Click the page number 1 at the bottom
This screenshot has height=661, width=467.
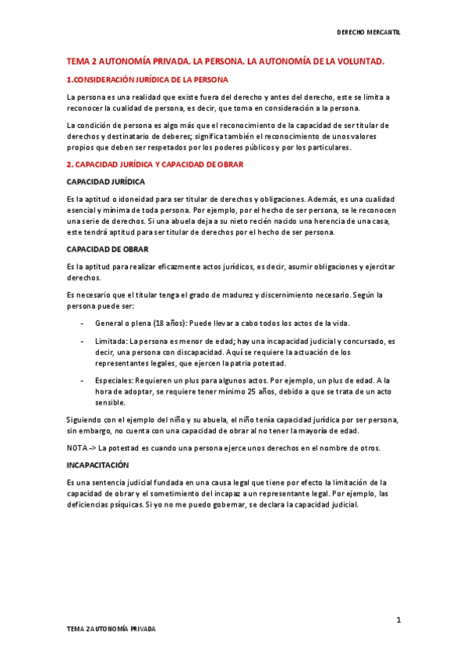pyautogui.click(x=398, y=620)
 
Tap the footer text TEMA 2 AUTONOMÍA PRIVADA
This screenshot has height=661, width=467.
pyautogui.click(x=110, y=628)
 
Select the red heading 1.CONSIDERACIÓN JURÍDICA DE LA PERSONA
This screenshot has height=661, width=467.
pyautogui.click(x=147, y=80)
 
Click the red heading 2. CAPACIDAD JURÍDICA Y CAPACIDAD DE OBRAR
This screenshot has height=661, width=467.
pyautogui.click(x=155, y=164)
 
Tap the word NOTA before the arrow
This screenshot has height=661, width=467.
pyautogui.click(x=76, y=448)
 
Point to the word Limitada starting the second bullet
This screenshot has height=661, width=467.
pyautogui.click(x=111, y=341)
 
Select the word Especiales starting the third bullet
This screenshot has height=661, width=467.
pyautogui.click(x=114, y=380)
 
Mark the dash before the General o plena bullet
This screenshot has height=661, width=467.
pyautogui.click(x=83, y=323)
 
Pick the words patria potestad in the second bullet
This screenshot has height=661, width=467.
pyautogui.click(x=264, y=363)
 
